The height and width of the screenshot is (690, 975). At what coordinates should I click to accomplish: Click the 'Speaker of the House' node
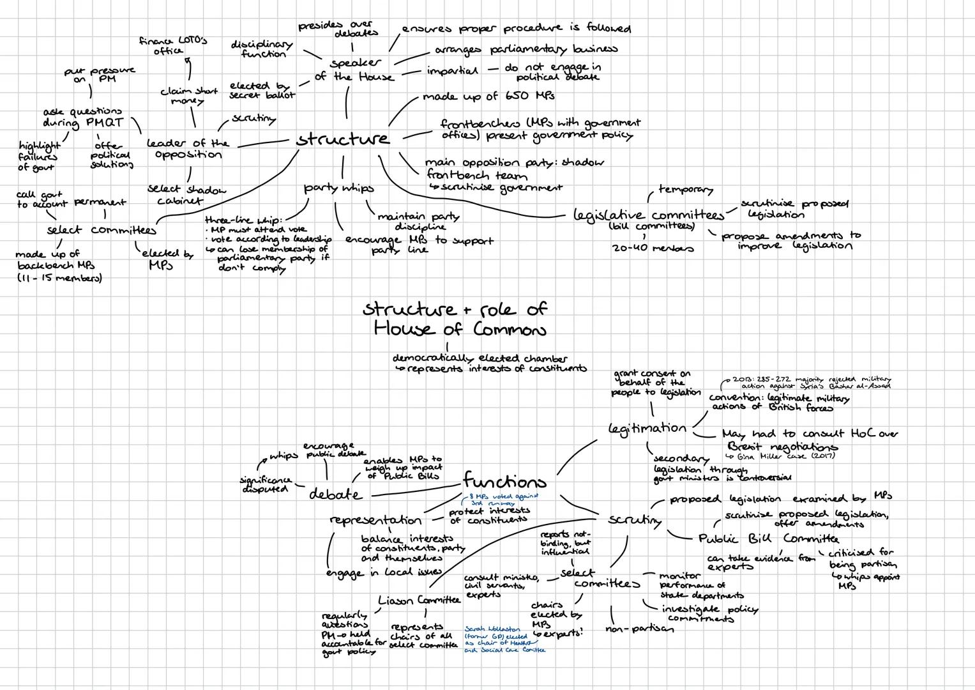(354, 70)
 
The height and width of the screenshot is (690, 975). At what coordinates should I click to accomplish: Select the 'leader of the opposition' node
(187, 149)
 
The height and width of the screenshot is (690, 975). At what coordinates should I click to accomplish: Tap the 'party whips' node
(338, 188)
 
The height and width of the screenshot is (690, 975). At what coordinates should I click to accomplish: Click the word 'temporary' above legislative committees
(685, 190)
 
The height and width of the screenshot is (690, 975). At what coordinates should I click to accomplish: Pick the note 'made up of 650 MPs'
(488, 96)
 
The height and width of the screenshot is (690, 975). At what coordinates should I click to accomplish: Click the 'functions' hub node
(504, 480)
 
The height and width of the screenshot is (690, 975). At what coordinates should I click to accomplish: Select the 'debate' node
(335, 494)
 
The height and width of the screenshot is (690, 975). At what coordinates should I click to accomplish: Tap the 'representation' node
(375, 520)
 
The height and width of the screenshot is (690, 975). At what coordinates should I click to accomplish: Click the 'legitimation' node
(647, 428)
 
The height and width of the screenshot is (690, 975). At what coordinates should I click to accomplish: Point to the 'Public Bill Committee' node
(768, 538)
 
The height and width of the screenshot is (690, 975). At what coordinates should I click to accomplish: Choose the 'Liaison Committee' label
(419, 601)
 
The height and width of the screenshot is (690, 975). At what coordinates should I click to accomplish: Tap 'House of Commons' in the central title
(460, 329)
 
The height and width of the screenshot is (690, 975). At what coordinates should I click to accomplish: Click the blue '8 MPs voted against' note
(503, 499)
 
